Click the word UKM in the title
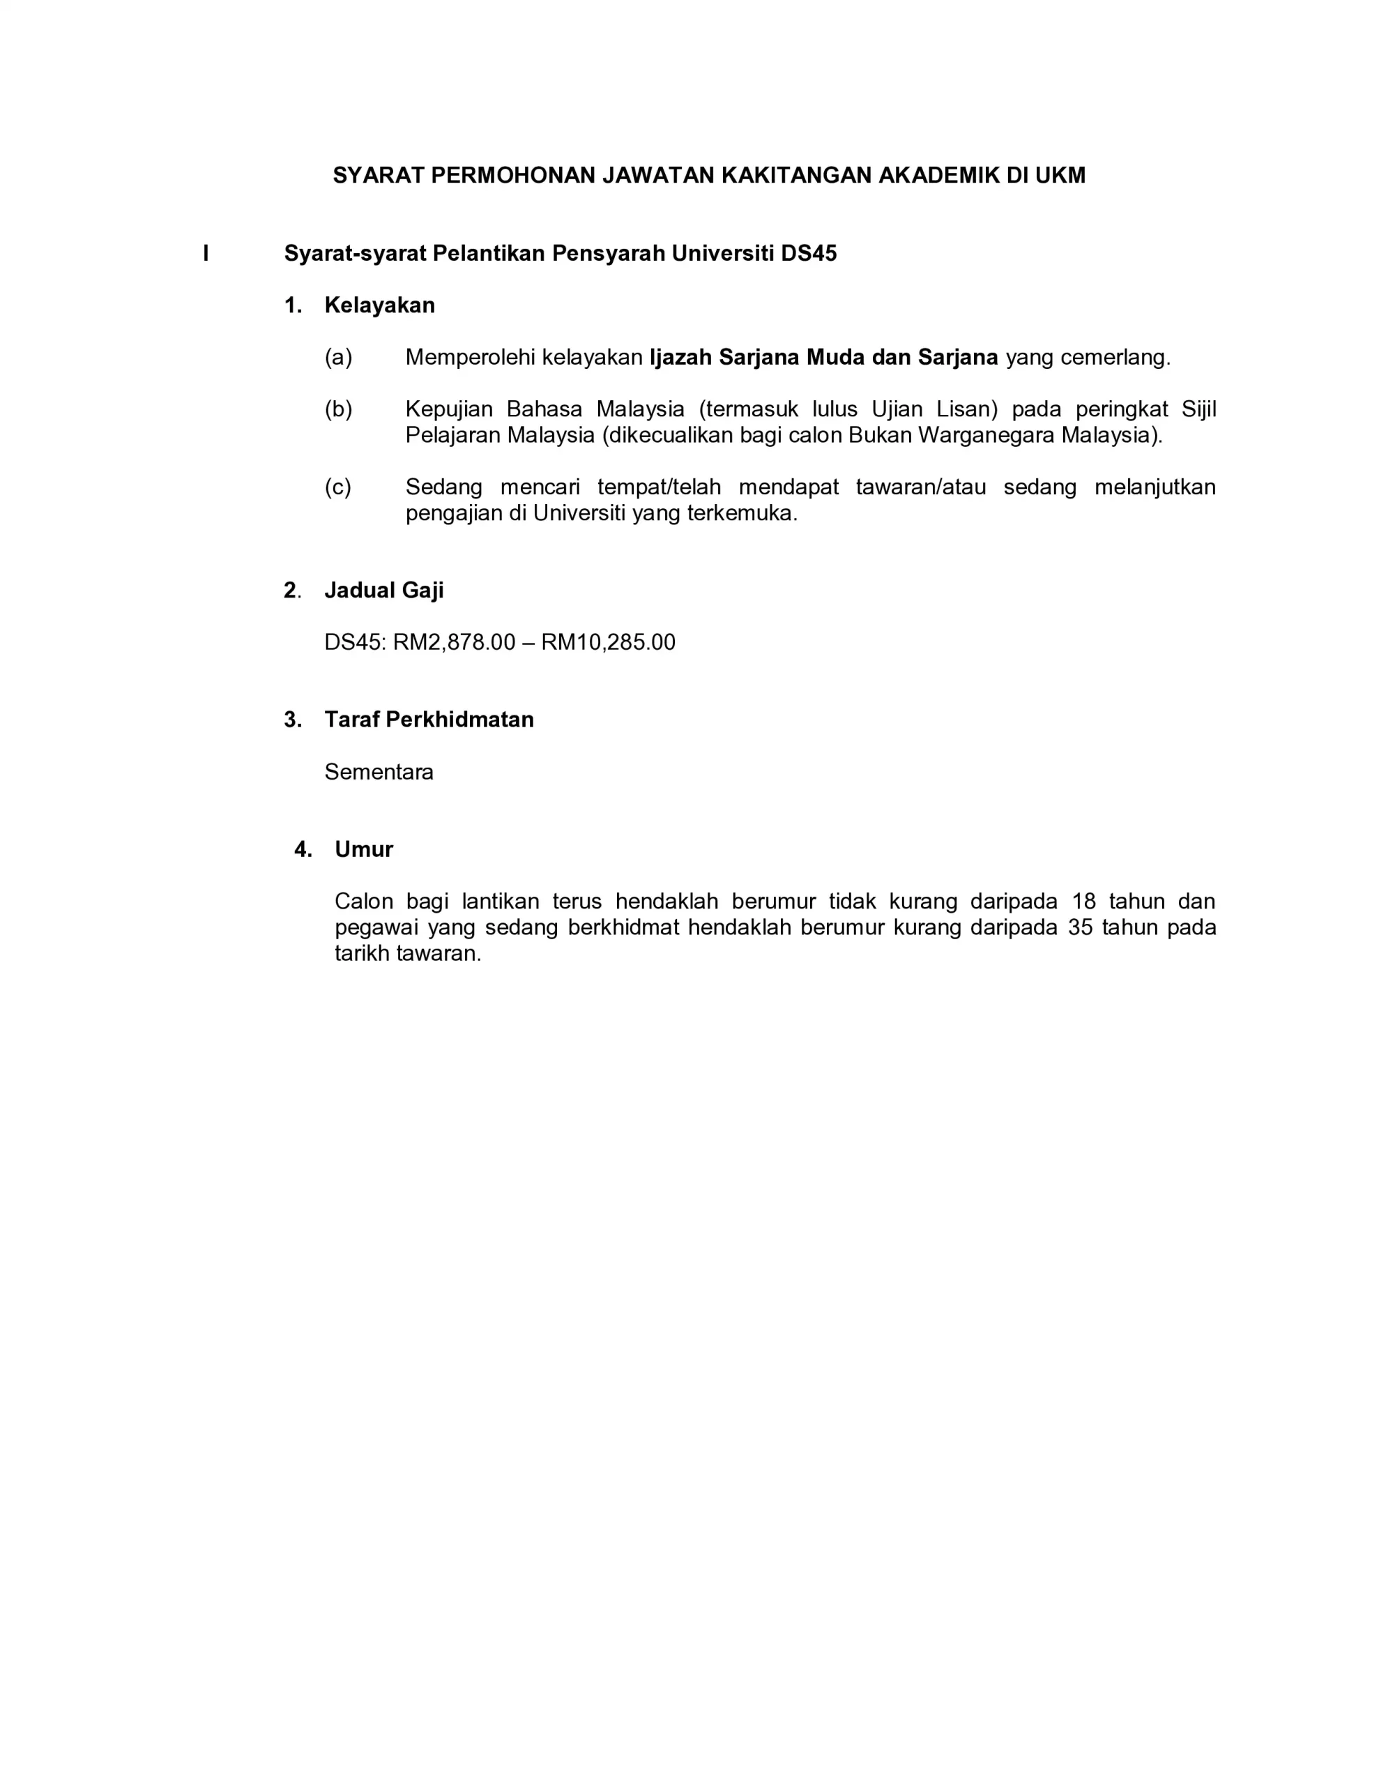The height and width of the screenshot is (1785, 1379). click(1060, 175)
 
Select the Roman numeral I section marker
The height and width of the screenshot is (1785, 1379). click(206, 253)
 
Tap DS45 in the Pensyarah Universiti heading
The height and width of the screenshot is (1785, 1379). click(809, 253)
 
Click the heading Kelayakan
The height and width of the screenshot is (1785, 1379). click(379, 305)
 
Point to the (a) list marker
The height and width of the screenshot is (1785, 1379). click(338, 357)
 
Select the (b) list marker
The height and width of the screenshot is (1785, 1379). click(338, 409)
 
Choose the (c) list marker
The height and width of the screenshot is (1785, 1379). click(338, 487)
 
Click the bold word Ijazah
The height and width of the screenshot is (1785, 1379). click(681, 357)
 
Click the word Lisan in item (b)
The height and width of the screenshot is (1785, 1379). click(967, 409)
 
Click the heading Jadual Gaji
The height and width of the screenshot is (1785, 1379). click(384, 590)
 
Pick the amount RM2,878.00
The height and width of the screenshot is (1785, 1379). click(455, 642)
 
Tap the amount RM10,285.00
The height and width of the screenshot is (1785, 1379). click(608, 642)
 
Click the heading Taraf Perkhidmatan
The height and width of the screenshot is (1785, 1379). click(429, 720)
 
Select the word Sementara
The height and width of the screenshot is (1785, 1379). click(379, 773)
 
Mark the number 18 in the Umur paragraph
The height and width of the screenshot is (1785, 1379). click(1084, 902)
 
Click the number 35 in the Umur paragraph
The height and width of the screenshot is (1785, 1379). click(1081, 927)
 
